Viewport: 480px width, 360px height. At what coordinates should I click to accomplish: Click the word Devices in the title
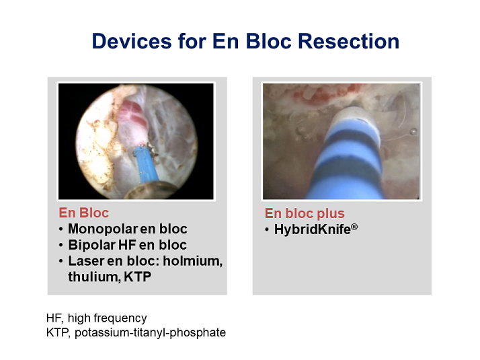132,41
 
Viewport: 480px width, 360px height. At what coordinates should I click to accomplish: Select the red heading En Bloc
83,213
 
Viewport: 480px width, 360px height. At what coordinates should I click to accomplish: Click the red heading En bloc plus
305,213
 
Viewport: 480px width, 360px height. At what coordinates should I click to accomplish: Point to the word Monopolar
103,229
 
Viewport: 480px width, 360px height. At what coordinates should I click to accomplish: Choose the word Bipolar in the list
91,245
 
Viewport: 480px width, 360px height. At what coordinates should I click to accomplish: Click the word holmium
192,261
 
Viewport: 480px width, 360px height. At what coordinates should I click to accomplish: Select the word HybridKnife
312,229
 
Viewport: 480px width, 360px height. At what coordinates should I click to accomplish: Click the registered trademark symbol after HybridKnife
354,227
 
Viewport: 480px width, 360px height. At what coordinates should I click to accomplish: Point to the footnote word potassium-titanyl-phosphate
150,332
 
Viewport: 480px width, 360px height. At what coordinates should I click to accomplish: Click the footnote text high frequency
107,318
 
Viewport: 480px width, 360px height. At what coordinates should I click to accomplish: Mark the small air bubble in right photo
413,131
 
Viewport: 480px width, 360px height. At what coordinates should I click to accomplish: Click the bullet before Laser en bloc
61,261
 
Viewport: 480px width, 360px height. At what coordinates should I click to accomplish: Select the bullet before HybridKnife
267,229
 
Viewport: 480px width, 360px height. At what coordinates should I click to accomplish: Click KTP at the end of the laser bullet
137,277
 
